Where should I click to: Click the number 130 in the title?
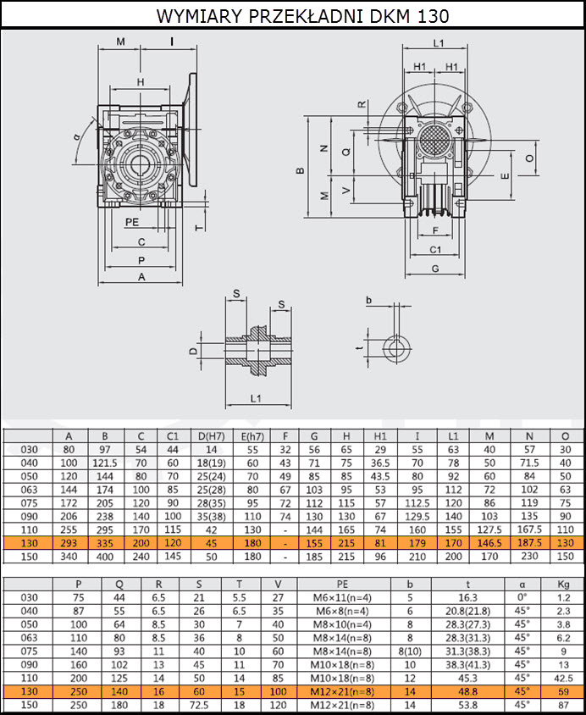[433, 15]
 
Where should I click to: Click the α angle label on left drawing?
[76, 136]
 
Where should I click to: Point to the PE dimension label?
[132, 222]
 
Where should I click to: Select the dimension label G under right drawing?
[435, 269]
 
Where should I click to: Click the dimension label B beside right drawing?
[300, 170]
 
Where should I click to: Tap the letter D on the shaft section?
[194, 351]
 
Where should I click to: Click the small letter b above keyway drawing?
[369, 300]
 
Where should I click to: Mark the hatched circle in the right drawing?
[434, 139]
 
